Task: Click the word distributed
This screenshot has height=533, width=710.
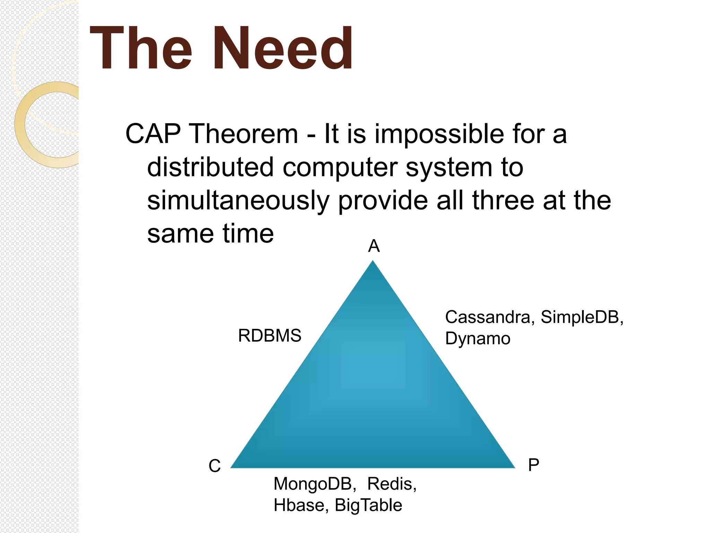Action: [210, 167]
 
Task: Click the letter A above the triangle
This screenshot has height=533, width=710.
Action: [374, 246]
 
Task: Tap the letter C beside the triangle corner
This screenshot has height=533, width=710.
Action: [215, 466]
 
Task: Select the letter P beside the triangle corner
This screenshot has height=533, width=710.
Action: [534, 465]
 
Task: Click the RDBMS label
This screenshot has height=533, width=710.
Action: [270, 336]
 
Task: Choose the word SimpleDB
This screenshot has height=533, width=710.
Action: [581, 317]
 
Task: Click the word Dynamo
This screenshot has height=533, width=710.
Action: [478, 339]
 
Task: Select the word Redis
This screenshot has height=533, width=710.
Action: [391, 484]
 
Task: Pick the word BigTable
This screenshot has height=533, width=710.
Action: [368, 505]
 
